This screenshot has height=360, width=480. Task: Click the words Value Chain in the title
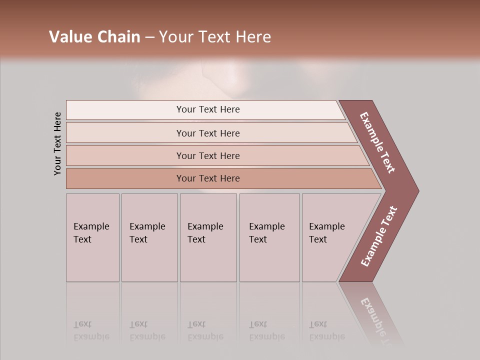[x=94, y=37]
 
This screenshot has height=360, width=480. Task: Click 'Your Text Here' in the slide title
[x=215, y=37]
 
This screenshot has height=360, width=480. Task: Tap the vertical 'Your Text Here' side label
[x=57, y=143]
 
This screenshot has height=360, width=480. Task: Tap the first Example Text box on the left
[x=92, y=237]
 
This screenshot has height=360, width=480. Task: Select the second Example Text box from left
[x=149, y=237]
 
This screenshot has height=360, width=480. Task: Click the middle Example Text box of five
[x=208, y=237]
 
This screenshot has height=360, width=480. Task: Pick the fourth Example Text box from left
[x=269, y=237]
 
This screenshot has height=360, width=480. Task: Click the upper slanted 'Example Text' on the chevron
[x=377, y=142]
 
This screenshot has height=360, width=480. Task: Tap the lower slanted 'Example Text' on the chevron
[x=379, y=236]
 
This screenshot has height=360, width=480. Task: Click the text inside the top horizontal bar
[x=208, y=109]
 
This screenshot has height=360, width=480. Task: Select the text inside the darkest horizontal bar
[x=208, y=178]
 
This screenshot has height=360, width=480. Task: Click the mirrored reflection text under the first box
[x=91, y=330]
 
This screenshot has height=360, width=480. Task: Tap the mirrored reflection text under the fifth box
[x=326, y=330]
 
